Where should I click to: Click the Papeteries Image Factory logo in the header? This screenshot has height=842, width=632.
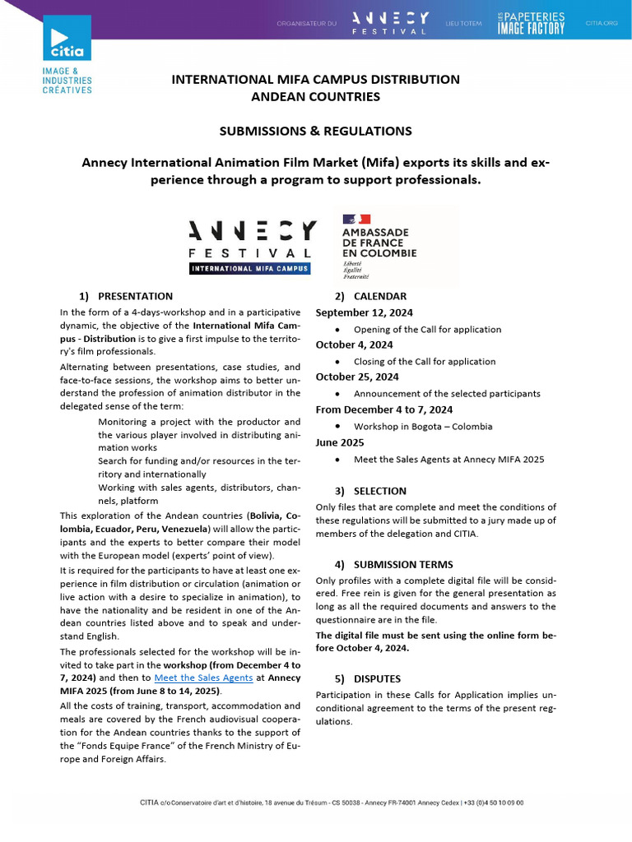pyautogui.click(x=531, y=23)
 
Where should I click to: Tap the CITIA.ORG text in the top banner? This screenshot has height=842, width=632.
pyautogui.click(x=601, y=24)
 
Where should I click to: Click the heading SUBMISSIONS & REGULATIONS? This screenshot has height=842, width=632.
pyautogui.click(x=315, y=131)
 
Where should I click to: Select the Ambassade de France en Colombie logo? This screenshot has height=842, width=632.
pyautogui.click(x=379, y=248)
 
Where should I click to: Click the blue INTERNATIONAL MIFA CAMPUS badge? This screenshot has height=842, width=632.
pyautogui.click(x=250, y=268)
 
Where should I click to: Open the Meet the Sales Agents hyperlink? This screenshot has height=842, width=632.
pyautogui.click(x=216, y=678)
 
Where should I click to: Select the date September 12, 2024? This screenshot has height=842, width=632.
pyautogui.click(x=364, y=312)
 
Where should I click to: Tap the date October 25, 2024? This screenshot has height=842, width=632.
pyautogui.click(x=357, y=377)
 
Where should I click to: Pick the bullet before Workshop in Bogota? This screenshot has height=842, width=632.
pyautogui.click(x=339, y=427)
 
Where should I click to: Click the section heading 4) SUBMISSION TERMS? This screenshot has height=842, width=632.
pyautogui.click(x=393, y=564)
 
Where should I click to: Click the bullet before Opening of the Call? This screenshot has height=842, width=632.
pyautogui.click(x=339, y=330)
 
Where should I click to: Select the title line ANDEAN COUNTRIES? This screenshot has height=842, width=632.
pyautogui.click(x=315, y=96)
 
